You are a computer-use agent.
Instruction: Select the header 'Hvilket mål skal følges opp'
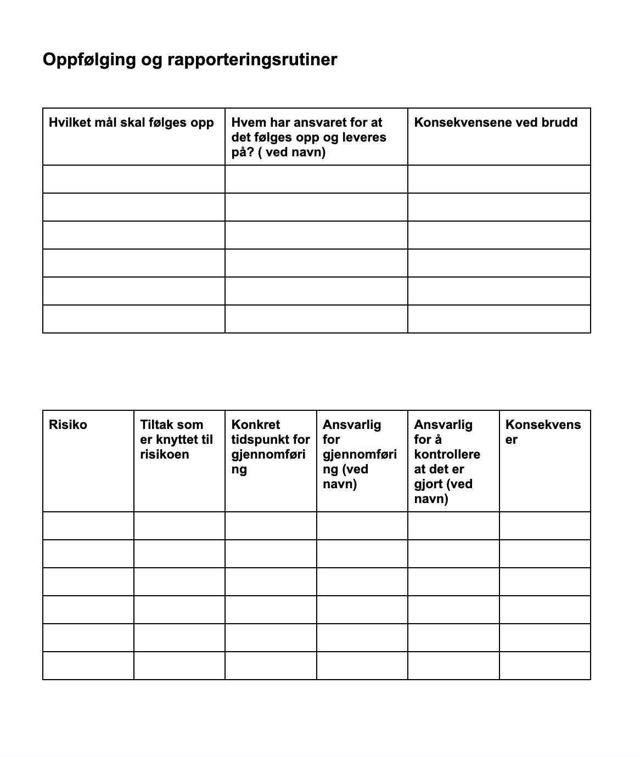[131, 122]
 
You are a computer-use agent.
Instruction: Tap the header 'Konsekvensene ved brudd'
[496, 122]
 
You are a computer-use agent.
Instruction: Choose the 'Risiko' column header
[68, 425]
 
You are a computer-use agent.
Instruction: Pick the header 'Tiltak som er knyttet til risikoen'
[176, 439]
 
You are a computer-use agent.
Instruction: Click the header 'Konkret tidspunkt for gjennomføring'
[270, 447]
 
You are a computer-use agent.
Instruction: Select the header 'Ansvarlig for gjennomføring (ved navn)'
[359, 454]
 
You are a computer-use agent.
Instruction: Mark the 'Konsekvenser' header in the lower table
[542, 432]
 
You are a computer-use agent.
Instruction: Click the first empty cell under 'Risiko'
[88, 526]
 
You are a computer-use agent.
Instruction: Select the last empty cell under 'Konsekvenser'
[544, 665]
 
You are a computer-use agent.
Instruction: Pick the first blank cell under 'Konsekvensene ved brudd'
[499, 179]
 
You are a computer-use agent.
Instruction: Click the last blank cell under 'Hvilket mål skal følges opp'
[134, 319]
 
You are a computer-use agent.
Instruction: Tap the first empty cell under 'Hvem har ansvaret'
[316, 179]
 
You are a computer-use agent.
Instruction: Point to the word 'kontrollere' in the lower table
[447, 454]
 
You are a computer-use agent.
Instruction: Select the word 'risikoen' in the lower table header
[164, 454]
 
